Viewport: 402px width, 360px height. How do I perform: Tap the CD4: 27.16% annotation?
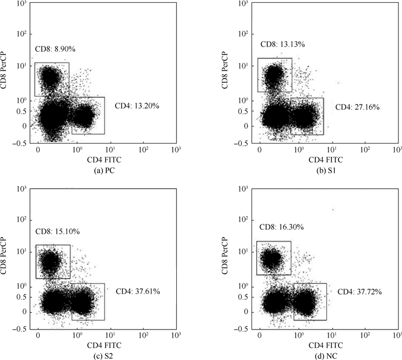(357, 107)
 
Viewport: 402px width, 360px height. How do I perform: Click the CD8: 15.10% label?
(57, 231)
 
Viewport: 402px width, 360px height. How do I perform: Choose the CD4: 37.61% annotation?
(138, 292)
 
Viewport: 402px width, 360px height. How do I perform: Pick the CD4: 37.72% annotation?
(360, 292)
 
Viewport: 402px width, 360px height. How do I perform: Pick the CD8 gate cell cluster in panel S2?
(51, 261)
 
